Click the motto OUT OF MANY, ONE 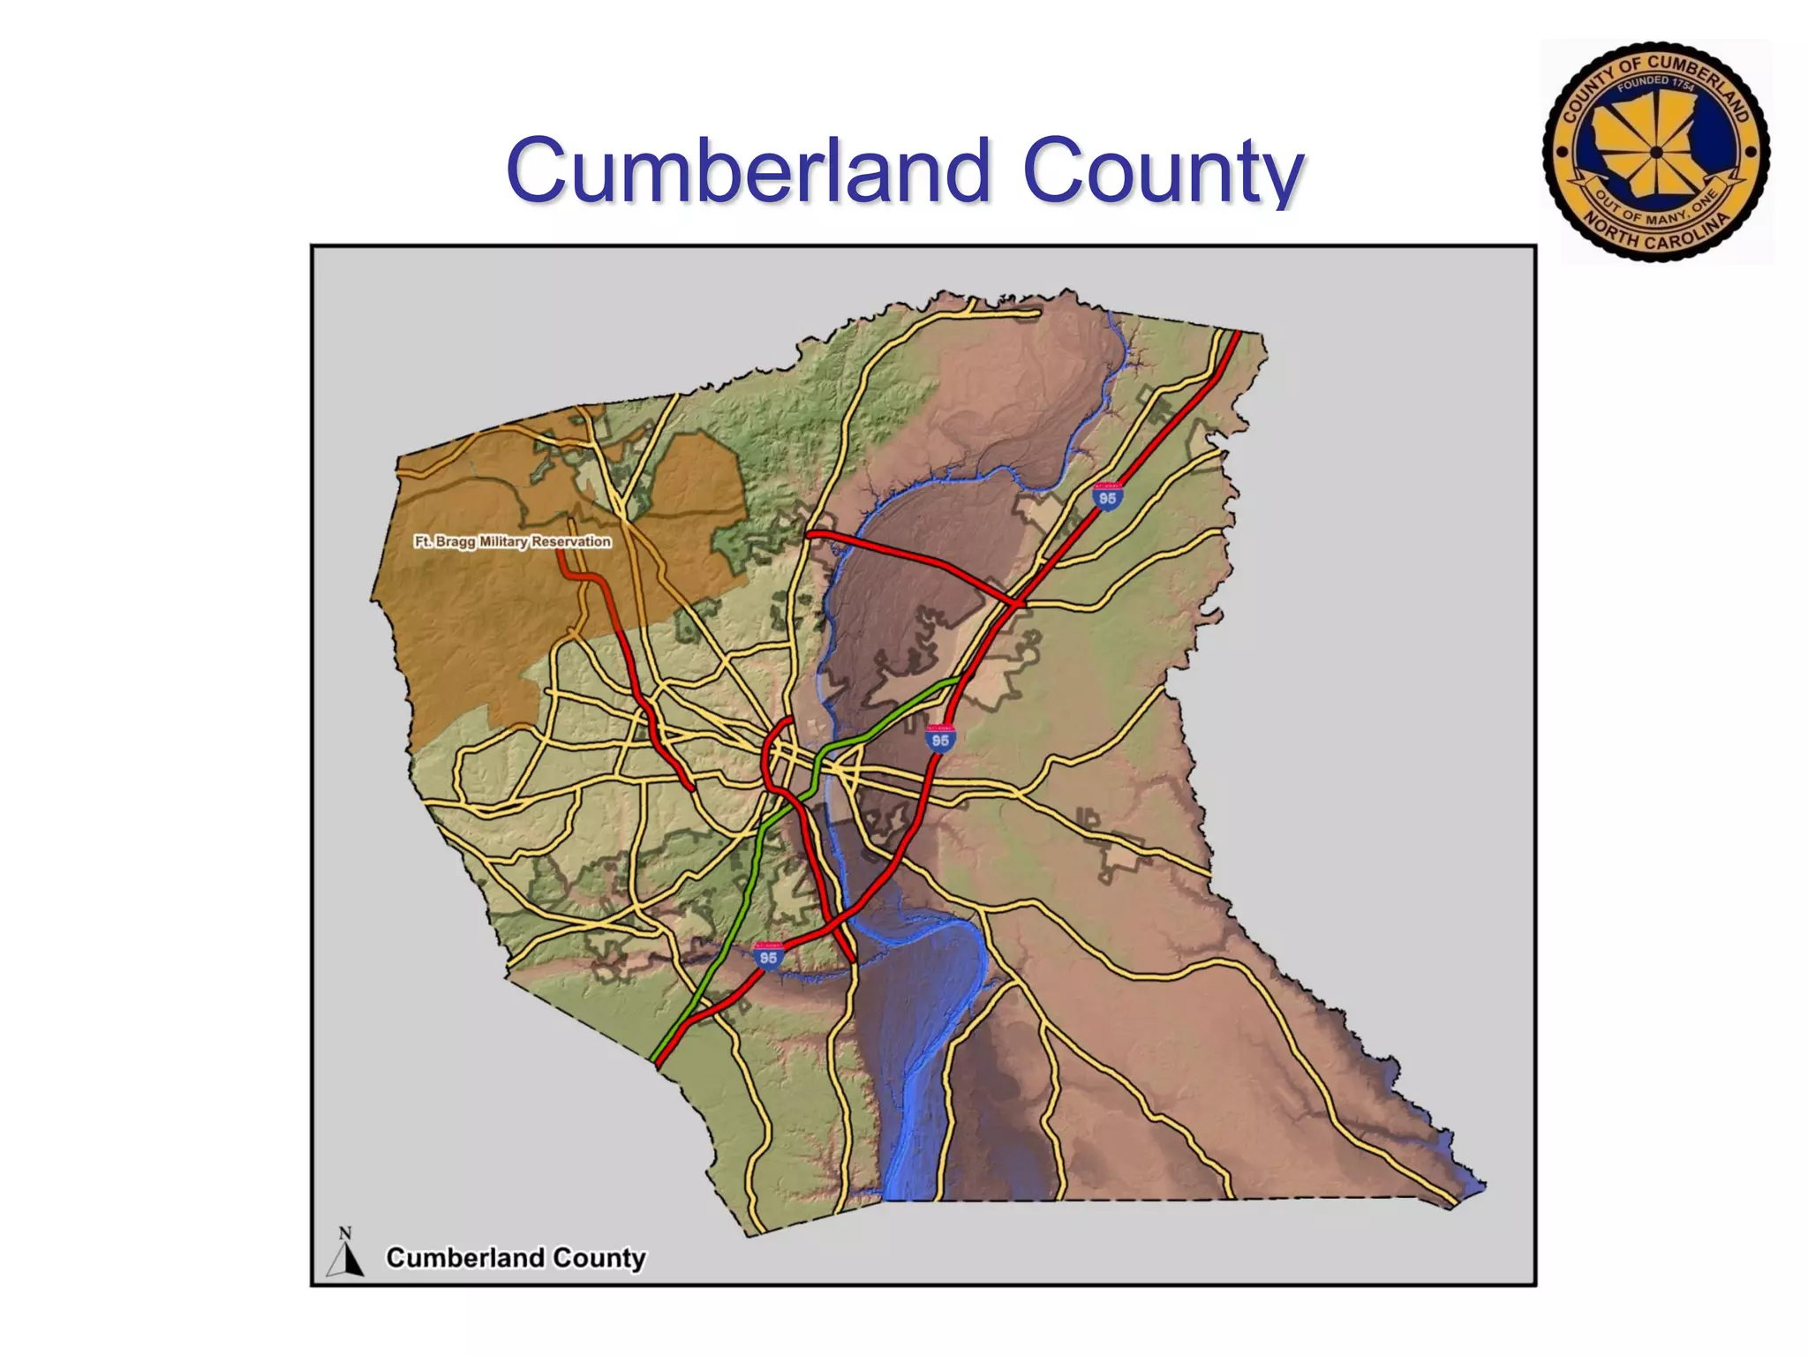pyautogui.click(x=1656, y=208)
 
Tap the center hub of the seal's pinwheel pyautogui.click(x=1656, y=152)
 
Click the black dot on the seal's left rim pyautogui.click(x=1562, y=152)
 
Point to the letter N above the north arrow pyautogui.click(x=345, y=1233)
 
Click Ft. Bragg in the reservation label pyautogui.click(x=445, y=541)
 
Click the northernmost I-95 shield pyautogui.click(x=1107, y=497)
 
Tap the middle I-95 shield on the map pyautogui.click(x=941, y=739)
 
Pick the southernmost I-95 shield pyautogui.click(x=769, y=956)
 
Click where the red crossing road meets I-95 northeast pyautogui.click(x=1018, y=604)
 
